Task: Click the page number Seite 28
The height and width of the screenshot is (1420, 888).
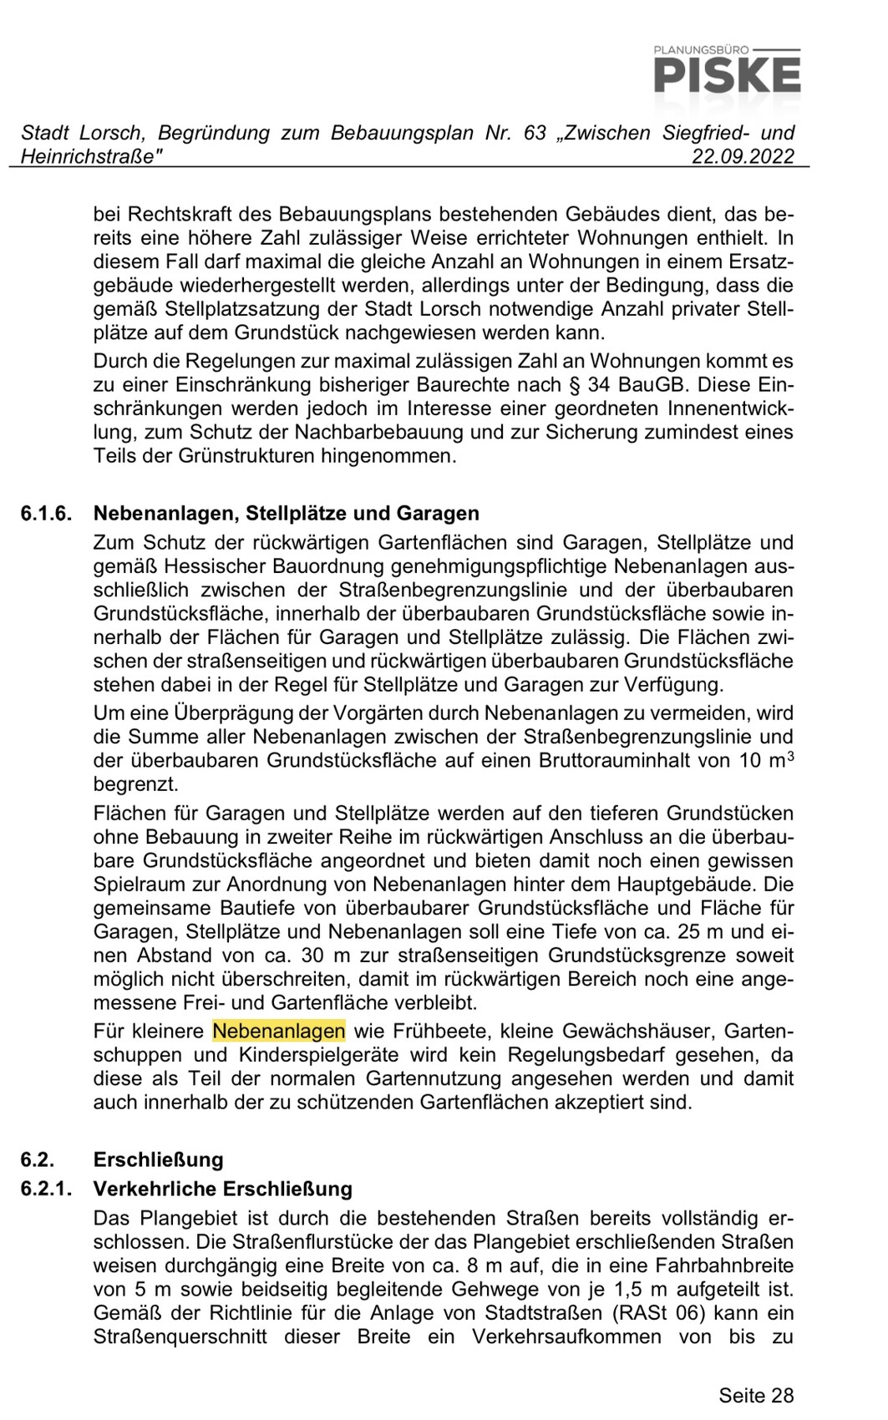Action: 756,1395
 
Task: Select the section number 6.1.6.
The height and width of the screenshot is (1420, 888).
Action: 47,513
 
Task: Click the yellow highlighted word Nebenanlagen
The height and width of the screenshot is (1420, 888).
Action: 279,1031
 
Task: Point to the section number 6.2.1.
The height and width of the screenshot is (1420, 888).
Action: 47,1188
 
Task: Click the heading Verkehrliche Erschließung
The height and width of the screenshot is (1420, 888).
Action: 223,1188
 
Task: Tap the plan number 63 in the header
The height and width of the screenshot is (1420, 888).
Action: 535,133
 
